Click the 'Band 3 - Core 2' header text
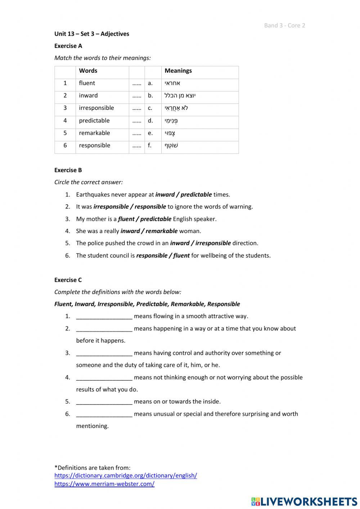(x=284, y=25)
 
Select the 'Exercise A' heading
(x=68, y=46)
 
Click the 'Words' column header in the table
(x=88, y=71)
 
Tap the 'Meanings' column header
(x=178, y=71)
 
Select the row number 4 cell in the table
(x=65, y=121)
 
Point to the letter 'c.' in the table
(x=150, y=108)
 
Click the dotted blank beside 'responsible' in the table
(x=136, y=146)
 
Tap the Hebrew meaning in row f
(x=171, y=146)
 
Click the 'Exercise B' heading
(x=68, y=170)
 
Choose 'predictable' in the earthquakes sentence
(x=196, y=195)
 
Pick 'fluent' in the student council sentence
(x=181, y=255)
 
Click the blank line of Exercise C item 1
(x=104, y=317)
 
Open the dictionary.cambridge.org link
(x=126, y=475)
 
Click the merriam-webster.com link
(x=104, y=484)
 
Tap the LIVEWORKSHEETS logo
(x=304, y=501)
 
